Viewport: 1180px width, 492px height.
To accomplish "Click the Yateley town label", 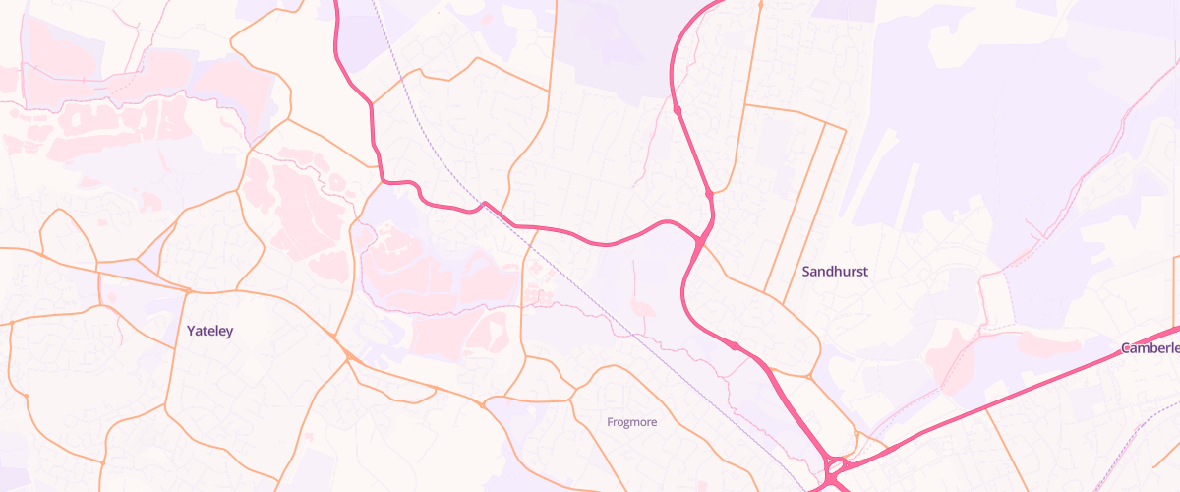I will coord(209,332).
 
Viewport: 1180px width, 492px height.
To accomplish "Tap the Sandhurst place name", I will coord(835,271).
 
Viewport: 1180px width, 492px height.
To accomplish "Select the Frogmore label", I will coord(631,422).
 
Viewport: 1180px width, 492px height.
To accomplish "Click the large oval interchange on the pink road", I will coord(837,469).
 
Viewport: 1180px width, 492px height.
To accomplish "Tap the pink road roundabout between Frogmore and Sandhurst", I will coord(734,345).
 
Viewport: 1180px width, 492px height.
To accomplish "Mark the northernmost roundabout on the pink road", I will coord(678,109).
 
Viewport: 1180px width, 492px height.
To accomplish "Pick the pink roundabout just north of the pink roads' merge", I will coord(709,196).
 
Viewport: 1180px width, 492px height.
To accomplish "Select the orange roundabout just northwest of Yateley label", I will coord(188,291).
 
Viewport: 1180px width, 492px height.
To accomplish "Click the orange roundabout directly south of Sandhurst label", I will coord(808,376).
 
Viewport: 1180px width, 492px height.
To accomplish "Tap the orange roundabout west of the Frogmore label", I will coord(483,403).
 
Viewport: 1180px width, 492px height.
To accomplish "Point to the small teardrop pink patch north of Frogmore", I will coord(644,309).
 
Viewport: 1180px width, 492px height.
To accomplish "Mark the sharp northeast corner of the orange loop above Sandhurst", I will coord(845,128).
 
